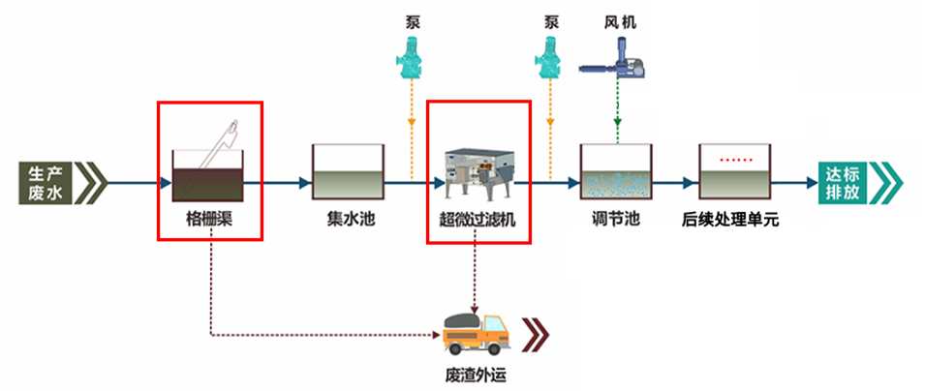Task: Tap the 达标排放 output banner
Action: [x=861, y=182]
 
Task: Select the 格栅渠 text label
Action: [x=211, y=219]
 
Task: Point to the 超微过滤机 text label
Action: [x=478, y=219]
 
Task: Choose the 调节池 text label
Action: [x=616, y=219]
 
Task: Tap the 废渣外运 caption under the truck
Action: [x=476, y=375]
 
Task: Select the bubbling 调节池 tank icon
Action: [x=617, y=172]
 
